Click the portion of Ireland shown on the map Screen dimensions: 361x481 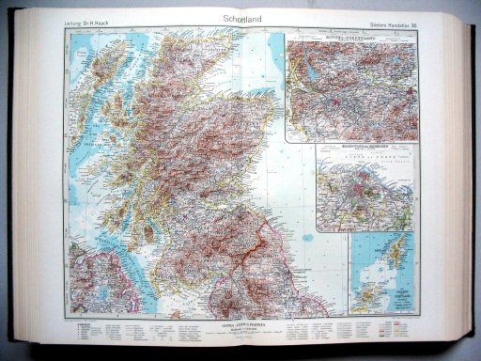pos(89,291)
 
